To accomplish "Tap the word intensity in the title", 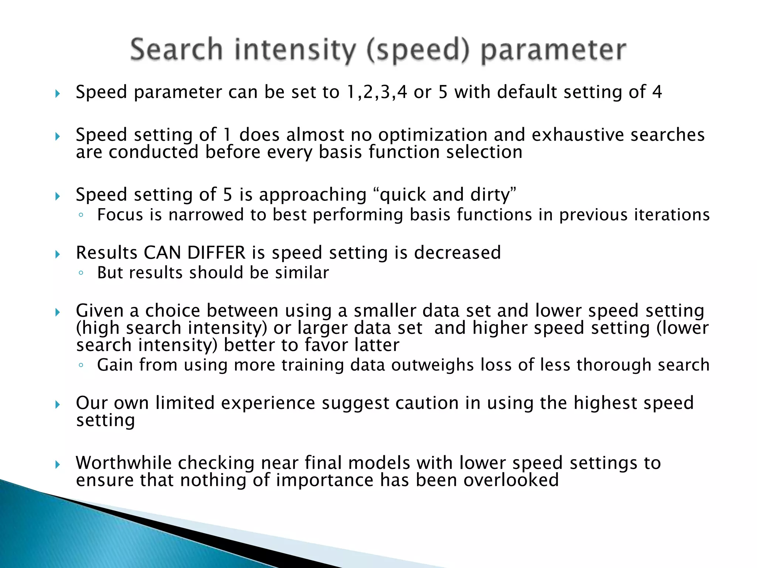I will coord(295,50).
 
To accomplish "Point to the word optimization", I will coord(432,135).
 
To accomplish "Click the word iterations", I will coord(672,215).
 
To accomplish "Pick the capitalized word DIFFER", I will coord(216,253).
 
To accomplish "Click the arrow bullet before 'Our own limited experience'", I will coord(57,404).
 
